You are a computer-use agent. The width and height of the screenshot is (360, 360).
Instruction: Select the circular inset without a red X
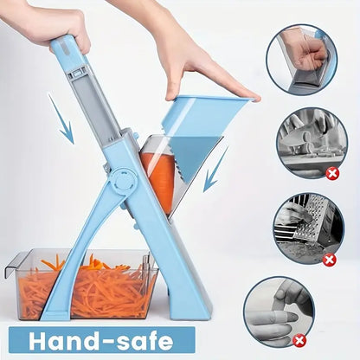coord(300,59)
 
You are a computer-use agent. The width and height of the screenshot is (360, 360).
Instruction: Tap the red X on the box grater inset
coord(328,259)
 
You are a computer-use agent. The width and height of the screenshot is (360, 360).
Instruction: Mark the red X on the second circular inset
coord(331,173)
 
